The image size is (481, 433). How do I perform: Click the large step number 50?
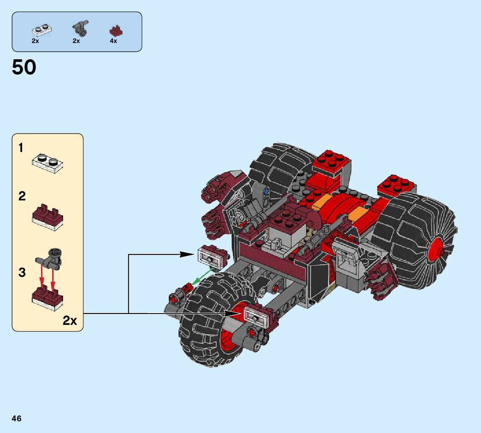point(24,67)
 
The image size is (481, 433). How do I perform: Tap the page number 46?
point(17,418)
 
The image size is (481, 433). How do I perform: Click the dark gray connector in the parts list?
point(81,28)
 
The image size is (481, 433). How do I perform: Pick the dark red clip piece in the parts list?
point(116,31)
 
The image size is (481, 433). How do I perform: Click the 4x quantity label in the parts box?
point(114,41)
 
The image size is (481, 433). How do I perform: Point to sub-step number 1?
point(20,148)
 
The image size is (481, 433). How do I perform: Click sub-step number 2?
point(22,196)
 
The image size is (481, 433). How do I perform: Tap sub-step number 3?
point(22,272)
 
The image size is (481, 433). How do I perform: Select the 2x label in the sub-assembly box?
point(70,321)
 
